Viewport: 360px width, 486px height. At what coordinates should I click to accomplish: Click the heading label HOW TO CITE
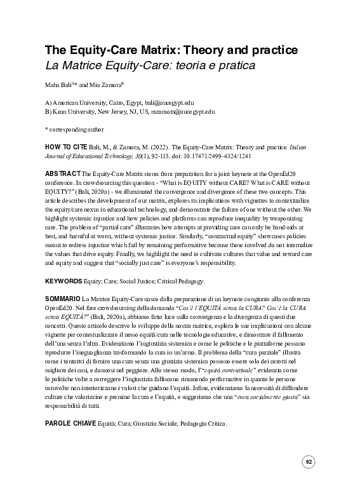(63, 145)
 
